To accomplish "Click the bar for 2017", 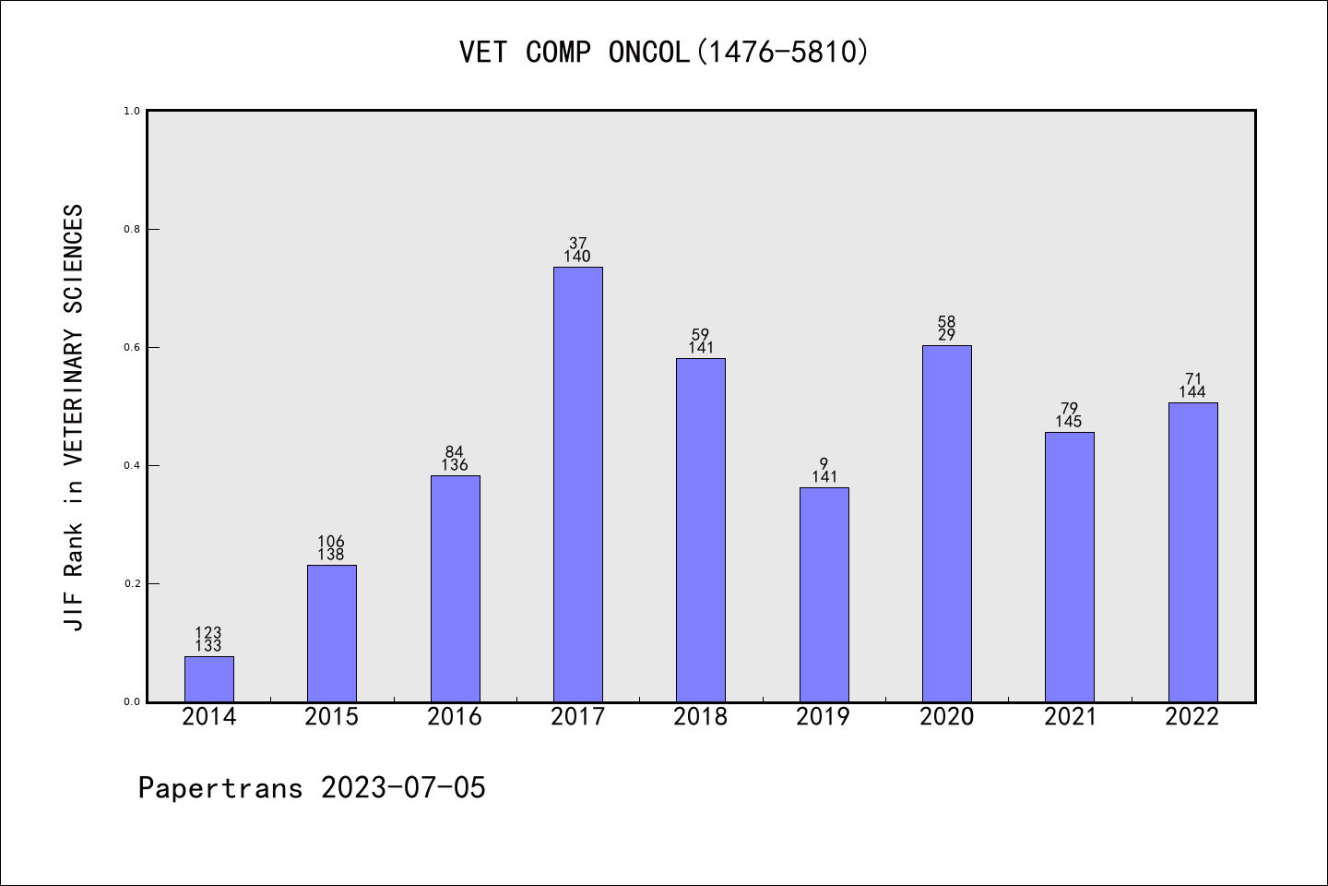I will point(577,485).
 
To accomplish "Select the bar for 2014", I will point(208,679).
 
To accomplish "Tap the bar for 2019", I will point(824,594).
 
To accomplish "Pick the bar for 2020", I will point(946,523).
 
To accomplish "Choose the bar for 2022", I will point(1192,552).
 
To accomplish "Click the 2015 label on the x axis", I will point(331,717).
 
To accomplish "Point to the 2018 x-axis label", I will point(700,717).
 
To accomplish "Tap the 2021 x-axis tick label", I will point(1070,717).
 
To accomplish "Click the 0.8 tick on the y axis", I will point(132,229).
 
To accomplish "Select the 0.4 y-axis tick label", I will point(132,465).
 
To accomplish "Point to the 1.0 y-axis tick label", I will point(132,111).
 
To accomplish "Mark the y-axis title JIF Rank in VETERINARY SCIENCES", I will point(74,417).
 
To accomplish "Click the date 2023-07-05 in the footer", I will point(403,788).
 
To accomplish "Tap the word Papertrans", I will point(220,788).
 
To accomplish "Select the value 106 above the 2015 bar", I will point(331,542).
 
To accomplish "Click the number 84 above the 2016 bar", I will point(455,452).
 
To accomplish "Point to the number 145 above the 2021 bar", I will point(1069,422).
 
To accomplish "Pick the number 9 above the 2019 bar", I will point(824,464).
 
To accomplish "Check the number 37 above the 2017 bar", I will point(577,244).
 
